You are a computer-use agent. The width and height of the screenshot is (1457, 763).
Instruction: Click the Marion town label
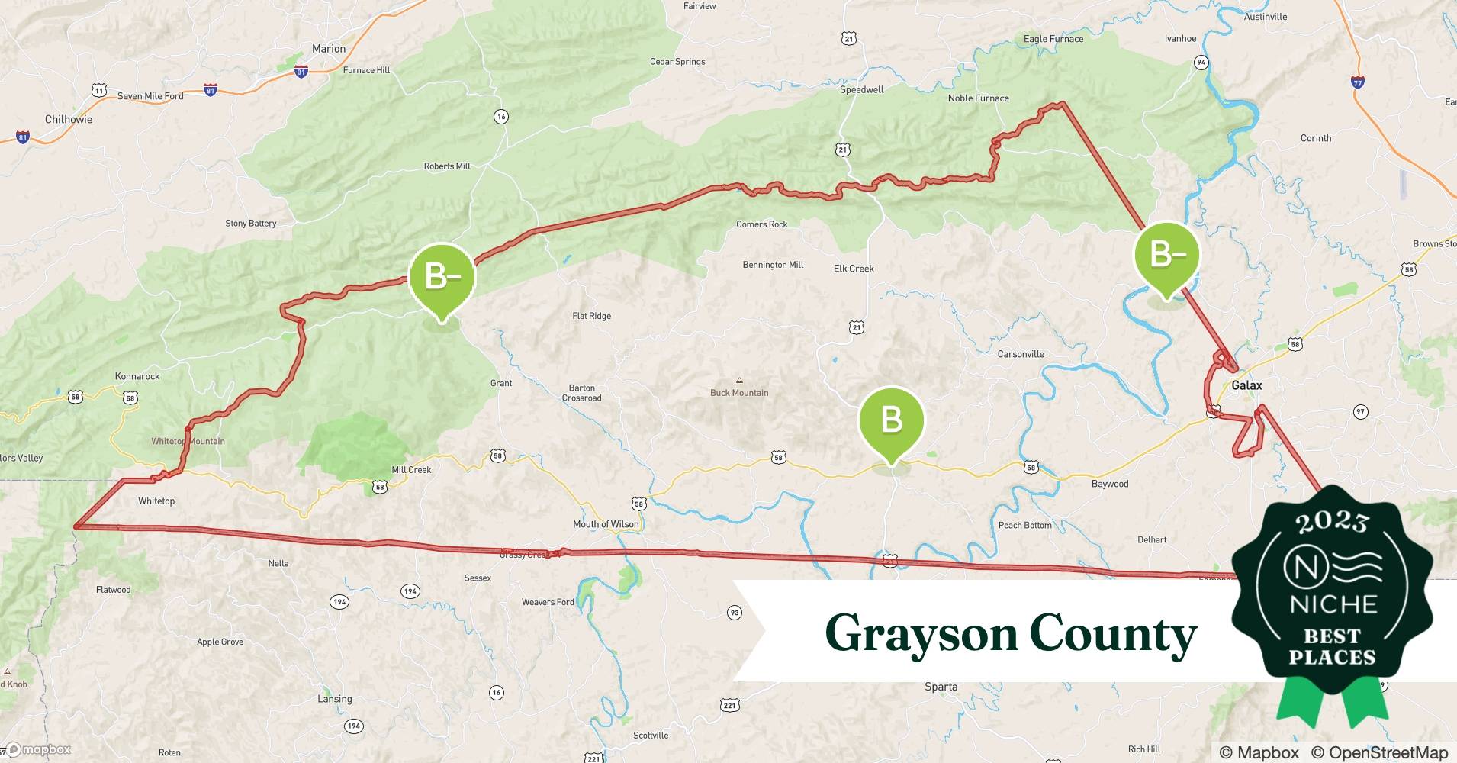coord(329,49)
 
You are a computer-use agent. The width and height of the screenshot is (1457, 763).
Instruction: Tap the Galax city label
coord(1246,385)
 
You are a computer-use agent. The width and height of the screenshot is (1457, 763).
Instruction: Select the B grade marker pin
coord(891,421)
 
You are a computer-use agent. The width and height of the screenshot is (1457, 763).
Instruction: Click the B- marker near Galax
coord(1166,255)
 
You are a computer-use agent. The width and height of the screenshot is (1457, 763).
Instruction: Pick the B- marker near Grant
coord(442,277)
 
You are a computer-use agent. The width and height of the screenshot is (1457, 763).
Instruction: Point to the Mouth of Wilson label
coord(606,524)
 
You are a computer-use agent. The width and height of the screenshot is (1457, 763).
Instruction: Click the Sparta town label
coord(941,687)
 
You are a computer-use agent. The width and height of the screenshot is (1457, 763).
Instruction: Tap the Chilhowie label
coord(69,119)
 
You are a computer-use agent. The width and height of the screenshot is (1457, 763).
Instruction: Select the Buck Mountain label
coord(739,393)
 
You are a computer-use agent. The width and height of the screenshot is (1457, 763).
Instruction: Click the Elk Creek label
coord(854,269)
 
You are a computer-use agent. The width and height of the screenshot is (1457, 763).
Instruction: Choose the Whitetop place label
coord(156,501)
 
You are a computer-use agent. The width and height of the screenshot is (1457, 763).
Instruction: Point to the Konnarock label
coord(137,376)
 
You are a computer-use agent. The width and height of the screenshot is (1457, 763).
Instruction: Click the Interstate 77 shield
coord(1357,82)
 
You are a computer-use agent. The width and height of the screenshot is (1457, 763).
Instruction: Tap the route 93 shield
coord(734,612)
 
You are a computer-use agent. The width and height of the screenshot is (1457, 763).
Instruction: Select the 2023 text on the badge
coord(1332,522)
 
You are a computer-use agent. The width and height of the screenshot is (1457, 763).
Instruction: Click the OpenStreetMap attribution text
coord(1379,752)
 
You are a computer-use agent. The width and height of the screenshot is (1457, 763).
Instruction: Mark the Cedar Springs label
coord(677,62)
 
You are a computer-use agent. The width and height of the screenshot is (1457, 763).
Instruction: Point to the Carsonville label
coord(1021,354)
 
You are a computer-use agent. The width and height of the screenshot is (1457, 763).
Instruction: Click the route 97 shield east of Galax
coord(1360,412)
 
